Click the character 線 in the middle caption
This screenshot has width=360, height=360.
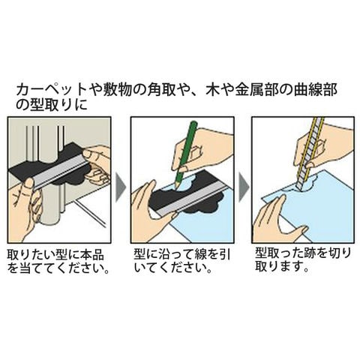click(x=200, y=255)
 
